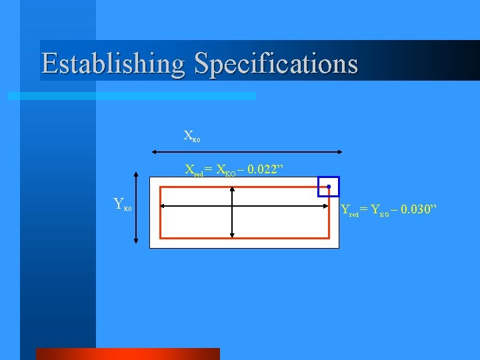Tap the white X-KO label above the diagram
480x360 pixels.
(191, 137)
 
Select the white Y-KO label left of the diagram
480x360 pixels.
(123, 204)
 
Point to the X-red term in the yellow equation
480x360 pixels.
(194, 170)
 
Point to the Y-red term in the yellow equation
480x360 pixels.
(349, 211)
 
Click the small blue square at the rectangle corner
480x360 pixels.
(328, 186)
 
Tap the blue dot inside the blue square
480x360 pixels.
(329, 186)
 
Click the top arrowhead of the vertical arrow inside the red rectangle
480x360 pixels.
(232, 190)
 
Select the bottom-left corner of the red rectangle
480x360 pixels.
(161, 237)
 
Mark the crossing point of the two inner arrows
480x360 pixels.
(232, 207)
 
